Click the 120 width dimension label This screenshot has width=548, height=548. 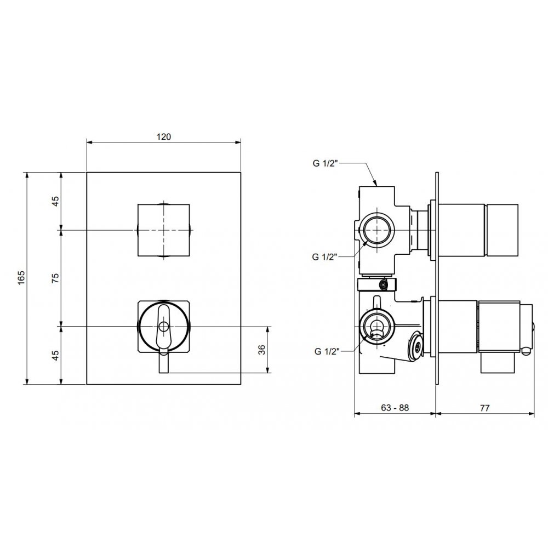(x=163, y=136)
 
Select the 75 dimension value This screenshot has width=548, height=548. (x=55, y=278)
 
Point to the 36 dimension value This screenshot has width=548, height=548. (x=262, y=350)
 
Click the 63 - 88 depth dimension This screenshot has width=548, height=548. (x=395, y=408)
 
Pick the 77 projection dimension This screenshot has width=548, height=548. (x=485, y=408)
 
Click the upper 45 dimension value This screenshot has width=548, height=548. (x=55, y=201)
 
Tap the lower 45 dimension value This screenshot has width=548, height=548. (x=55, y=355)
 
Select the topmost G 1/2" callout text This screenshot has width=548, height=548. (x=325, y=163)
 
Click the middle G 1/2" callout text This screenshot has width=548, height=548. (x=324, y=257)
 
